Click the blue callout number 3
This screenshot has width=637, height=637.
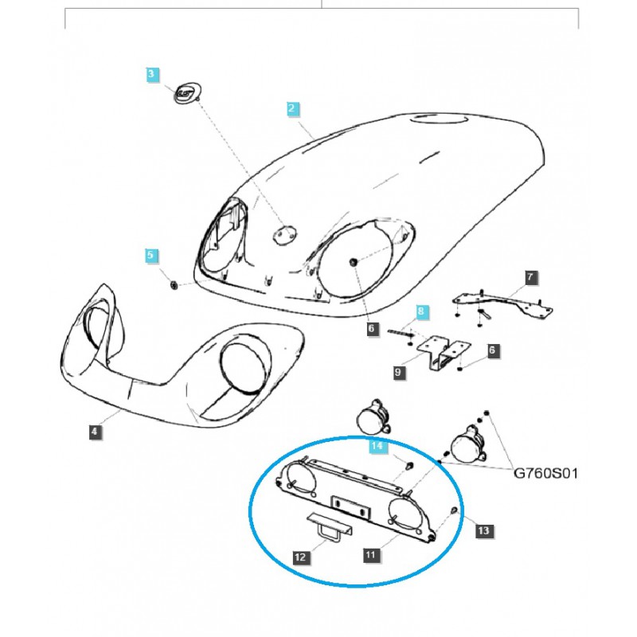point(152,75)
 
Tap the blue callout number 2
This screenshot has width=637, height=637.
point(292,107)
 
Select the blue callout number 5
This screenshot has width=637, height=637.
point(151,256)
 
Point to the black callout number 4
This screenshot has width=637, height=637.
point(94,432)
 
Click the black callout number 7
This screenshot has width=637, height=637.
point(530,278)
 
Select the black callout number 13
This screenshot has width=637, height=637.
point(483,527)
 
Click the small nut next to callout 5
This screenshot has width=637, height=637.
point(174,283)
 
